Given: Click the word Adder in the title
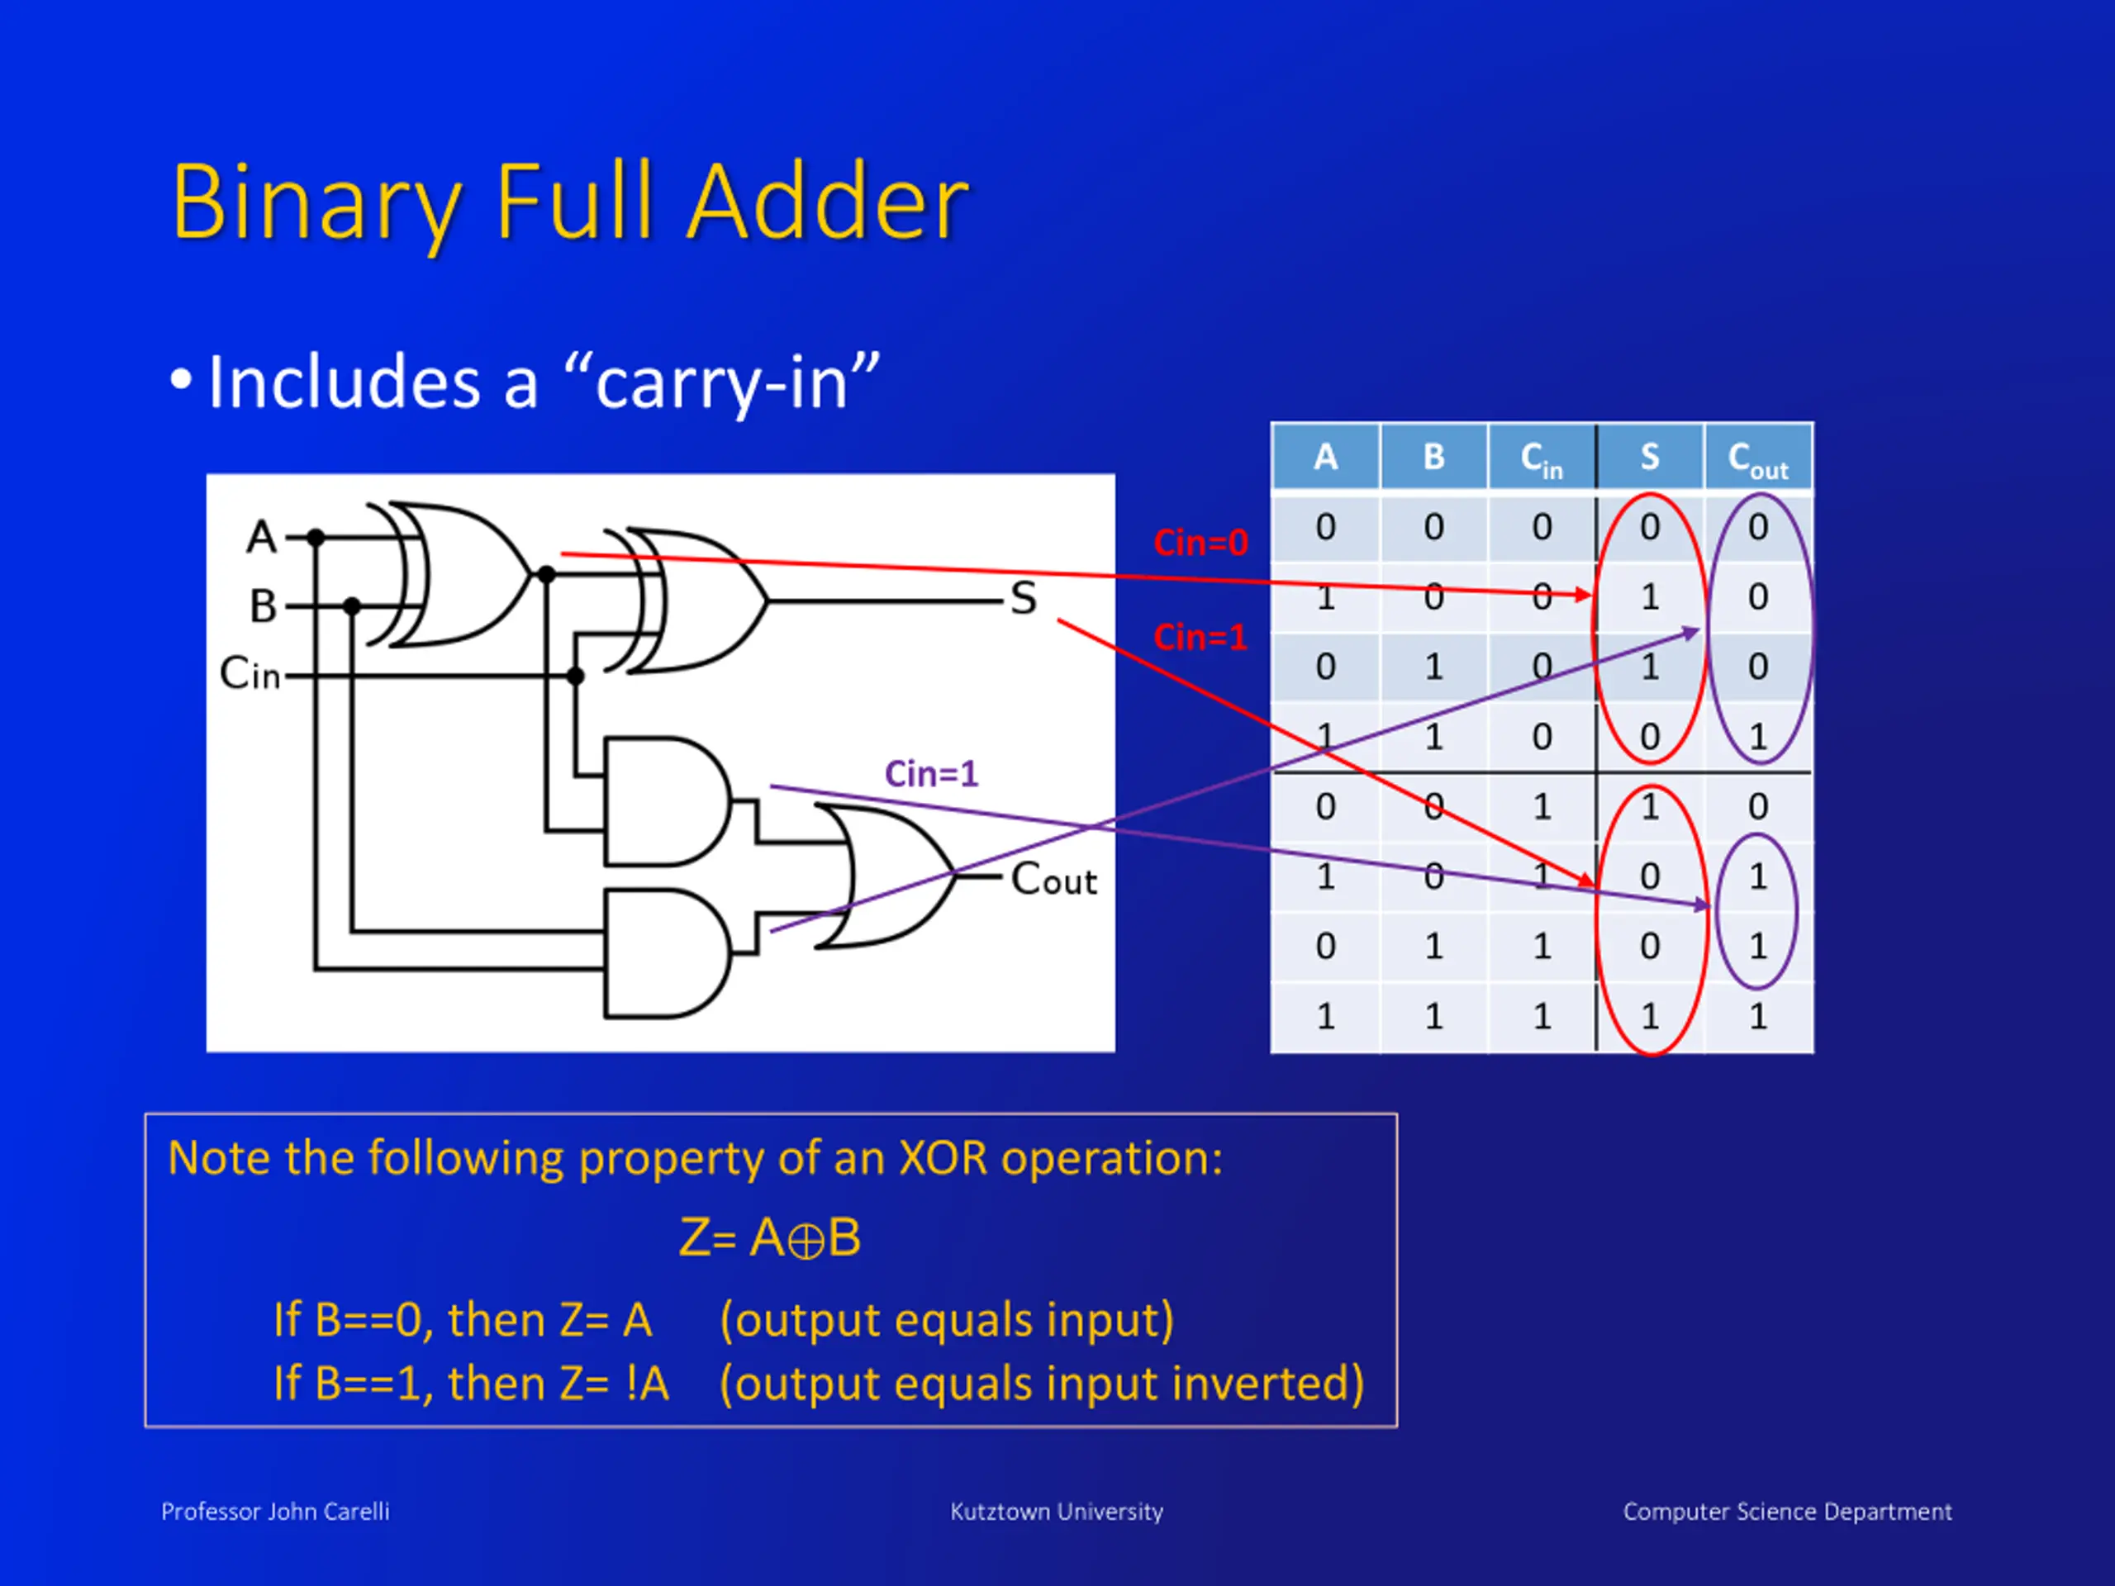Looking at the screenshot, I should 828,202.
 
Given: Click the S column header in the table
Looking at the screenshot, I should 1649,457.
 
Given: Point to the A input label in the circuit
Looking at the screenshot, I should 261,537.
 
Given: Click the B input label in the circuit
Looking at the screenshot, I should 263,606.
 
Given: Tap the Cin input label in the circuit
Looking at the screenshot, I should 250,674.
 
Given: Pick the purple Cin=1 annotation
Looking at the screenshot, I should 931,773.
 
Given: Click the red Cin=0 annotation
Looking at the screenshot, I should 1200,543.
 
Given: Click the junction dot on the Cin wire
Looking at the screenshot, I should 575,676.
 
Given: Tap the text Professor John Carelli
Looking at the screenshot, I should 275,1512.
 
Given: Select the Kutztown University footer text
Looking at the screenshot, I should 1057,1512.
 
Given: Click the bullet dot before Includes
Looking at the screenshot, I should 181,379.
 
